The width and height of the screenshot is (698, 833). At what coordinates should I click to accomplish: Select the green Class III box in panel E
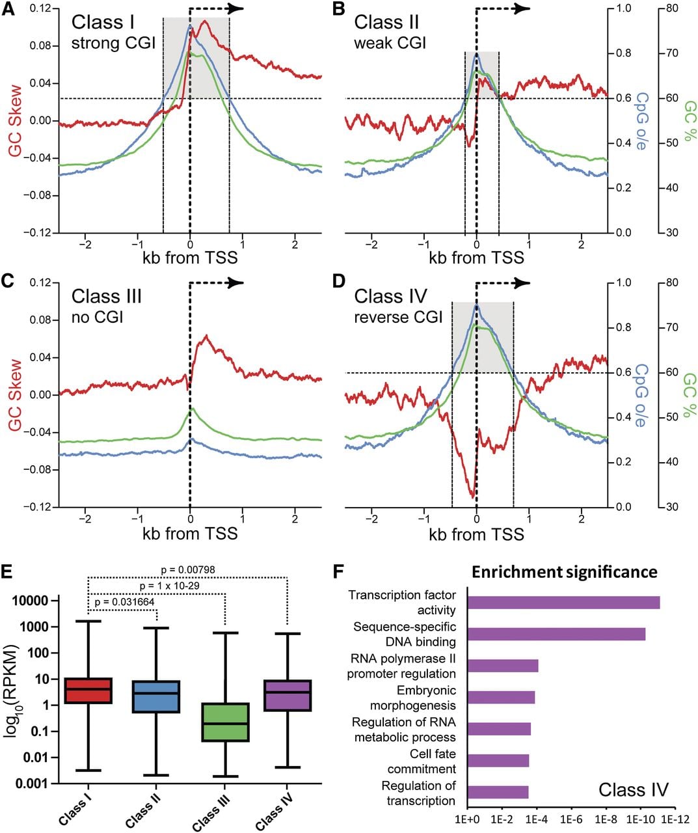pos(225,722)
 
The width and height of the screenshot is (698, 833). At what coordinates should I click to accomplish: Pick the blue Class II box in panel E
pos(156,696)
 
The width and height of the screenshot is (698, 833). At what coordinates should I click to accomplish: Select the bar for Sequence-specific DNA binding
pos(556,635)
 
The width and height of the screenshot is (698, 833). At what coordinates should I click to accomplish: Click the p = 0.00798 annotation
pos(188,570)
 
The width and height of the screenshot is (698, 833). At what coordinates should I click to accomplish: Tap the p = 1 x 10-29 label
pos(170,586)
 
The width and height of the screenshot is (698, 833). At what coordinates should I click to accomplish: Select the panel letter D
pos(339,281)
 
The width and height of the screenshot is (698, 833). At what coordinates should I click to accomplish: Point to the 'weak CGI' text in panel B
pos(390,43)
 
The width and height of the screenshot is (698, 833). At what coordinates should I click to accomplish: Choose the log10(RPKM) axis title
pos(12,691)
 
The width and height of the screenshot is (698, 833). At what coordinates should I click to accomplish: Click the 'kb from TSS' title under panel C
pos(190,534)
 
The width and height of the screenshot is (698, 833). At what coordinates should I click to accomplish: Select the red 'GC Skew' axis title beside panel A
pos(15,121)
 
